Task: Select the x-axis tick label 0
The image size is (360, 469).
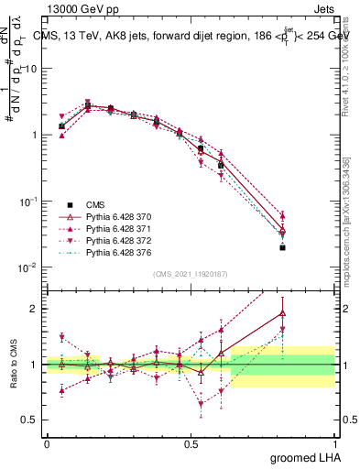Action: point(47,442)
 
